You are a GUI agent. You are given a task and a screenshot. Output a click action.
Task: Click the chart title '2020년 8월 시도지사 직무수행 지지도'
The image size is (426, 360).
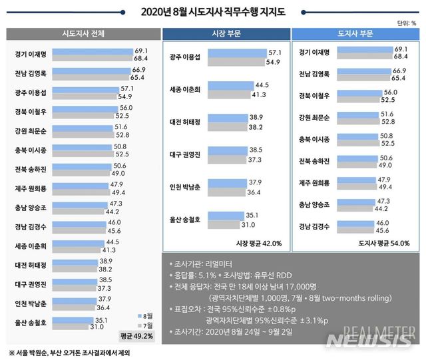(212, 11)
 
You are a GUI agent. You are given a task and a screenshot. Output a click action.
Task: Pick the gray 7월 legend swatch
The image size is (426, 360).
(139, 326)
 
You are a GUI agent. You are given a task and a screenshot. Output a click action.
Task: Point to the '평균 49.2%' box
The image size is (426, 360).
(136, 336)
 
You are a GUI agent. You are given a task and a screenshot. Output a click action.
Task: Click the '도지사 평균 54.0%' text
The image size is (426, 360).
(385, 243)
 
